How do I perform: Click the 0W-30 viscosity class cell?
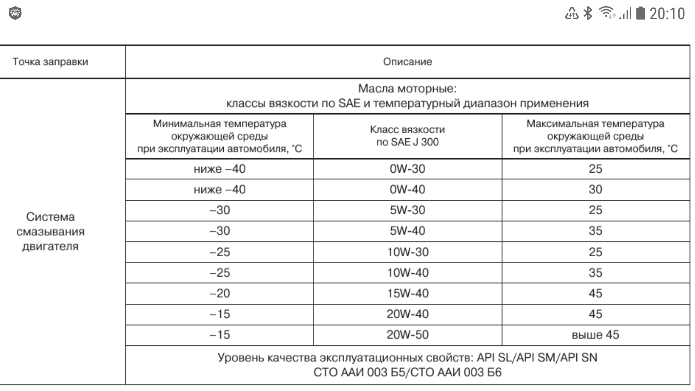pyautogui.click(x=407, y=169)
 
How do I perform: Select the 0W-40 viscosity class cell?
pyautogui.click(x=407, y=189)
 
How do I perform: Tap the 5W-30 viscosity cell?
pyautogui.click(x=407, y=210)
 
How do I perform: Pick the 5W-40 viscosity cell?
pyautogui.click(x=407, y=231)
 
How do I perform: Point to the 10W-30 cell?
pyautogui.click(x=408, y=252)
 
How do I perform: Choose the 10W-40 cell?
pyautogui.click(x=408, y=272)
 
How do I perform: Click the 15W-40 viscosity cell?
pyautogui.click(x=408, y=293)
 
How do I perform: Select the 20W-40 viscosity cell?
pyautogui.click(x=408, y=314)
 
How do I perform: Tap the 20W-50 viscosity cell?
pyautogui.click(x=408, y=334)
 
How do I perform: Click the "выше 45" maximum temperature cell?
pyautogui.click(x=595, y=334)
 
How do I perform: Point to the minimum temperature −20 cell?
pyautogui.click(x=219, y=293)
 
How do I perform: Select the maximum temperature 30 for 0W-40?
pyautogui.click(x=595, y=189)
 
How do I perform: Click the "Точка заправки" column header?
pyautogui.click(x=50, y=62)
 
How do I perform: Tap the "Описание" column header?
pyautogui.click(x=407, y=62)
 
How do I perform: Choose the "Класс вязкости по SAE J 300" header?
pyautogui.click(x=407, y=136)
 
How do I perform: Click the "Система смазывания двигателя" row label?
pyautogui.click(x=50, y=231)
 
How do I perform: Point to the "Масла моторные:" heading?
pyautogui.click(x=407, y=88)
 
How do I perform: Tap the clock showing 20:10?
pyautogui.click(x=667, y=14)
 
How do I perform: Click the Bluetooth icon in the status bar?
pyautogui.click(x=588, y=13)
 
